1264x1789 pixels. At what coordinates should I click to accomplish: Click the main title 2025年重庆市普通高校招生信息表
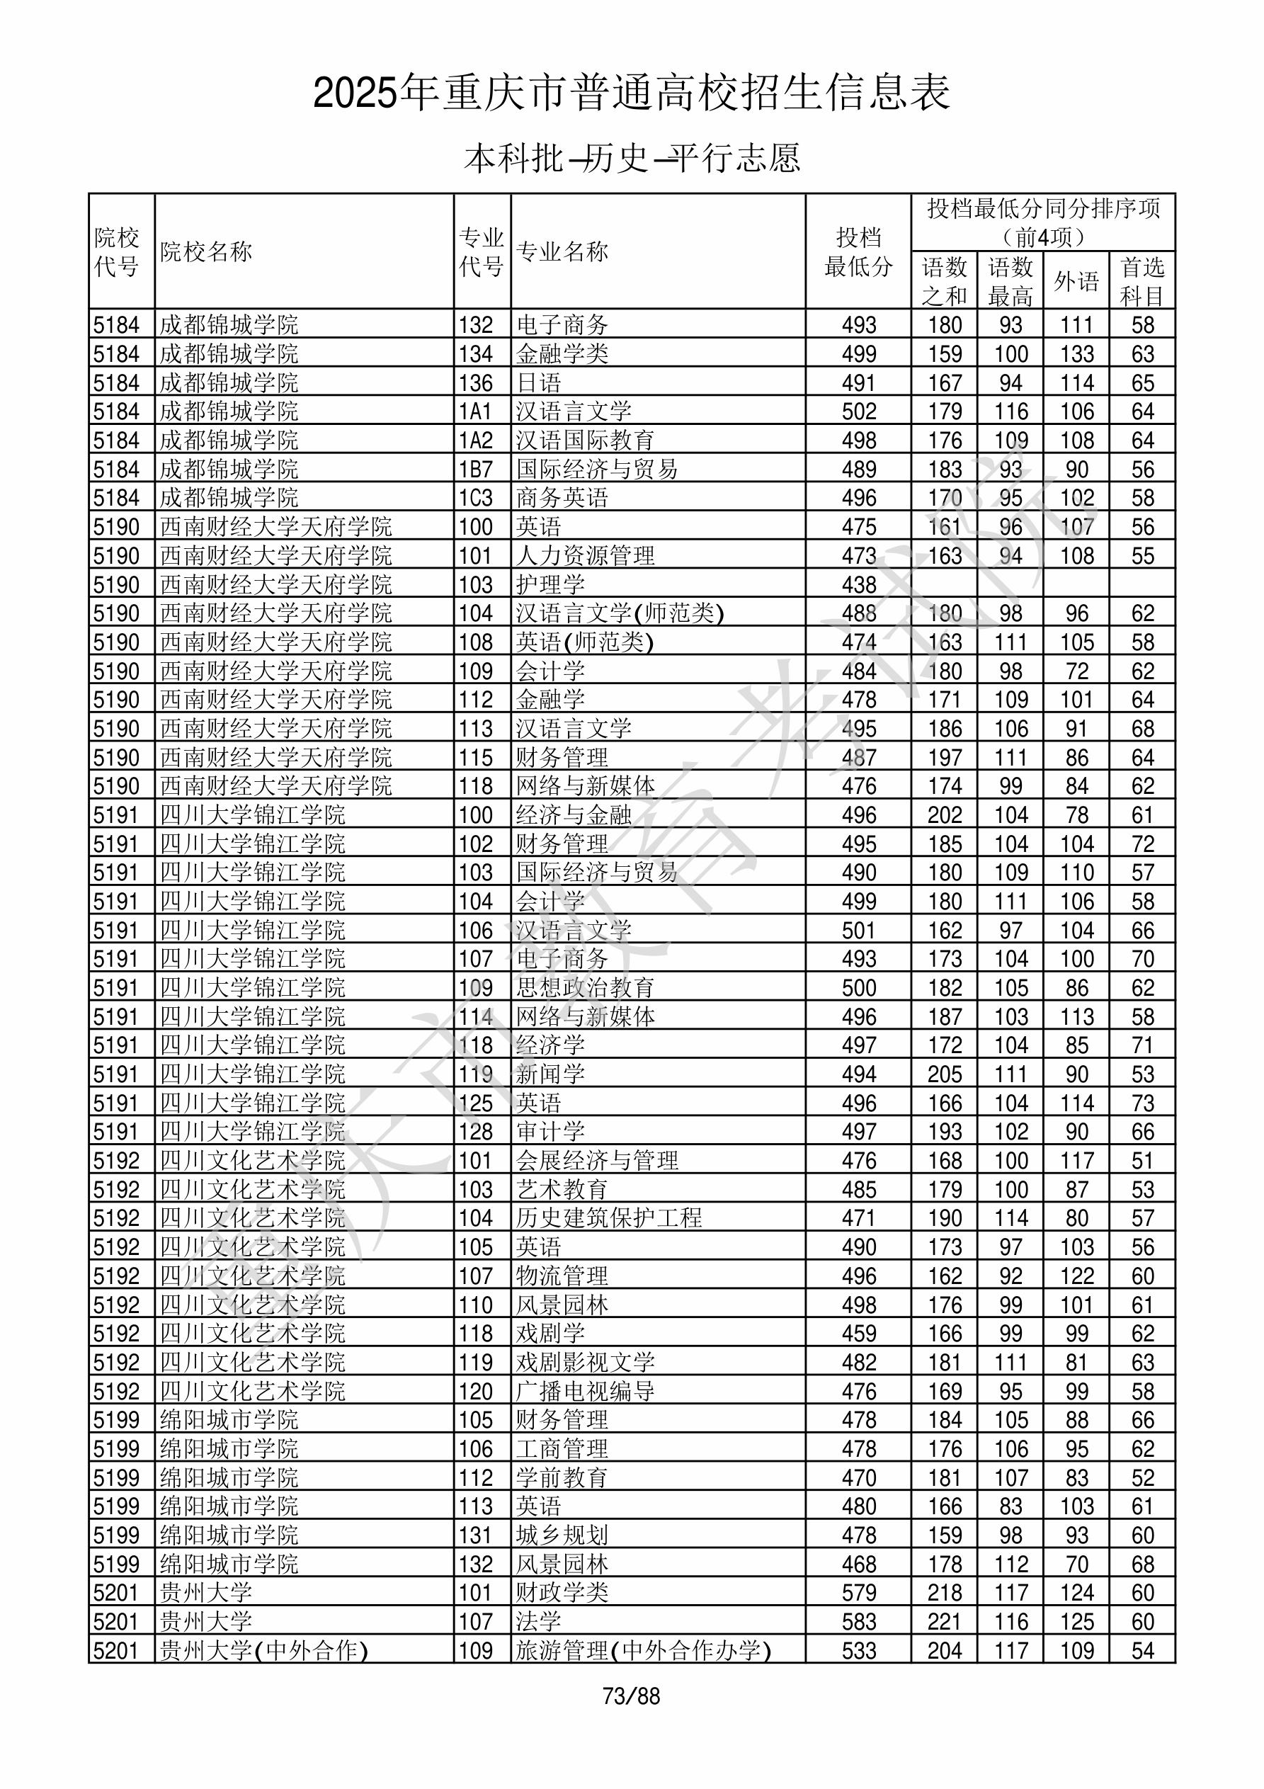[631, 93]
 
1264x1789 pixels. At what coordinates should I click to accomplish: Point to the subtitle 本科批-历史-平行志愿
[631, 158]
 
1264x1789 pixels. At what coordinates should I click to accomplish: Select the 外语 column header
[1076, 280]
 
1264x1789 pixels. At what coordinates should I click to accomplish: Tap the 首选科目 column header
[1141, 280]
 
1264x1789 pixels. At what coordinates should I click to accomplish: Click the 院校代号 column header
[117, 251]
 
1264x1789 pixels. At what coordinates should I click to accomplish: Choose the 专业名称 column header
[562, 251]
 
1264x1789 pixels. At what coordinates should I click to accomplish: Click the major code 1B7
[476, 469]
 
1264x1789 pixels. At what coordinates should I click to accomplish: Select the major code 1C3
[476, 498]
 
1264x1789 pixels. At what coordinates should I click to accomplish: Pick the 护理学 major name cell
[550, 584]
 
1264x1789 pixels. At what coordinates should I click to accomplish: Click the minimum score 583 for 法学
[859, 1621]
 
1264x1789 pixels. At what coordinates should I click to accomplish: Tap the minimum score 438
[859, 584]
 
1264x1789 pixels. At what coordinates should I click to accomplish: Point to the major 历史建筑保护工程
[608, 1218]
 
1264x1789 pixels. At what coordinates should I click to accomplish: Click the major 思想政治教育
[585, 988]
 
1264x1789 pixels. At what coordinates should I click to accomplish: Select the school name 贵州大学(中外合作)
[263, 1650]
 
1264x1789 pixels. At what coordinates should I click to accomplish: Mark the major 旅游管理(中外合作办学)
[643, 1650]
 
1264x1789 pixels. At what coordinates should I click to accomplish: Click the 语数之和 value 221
[945, 1621]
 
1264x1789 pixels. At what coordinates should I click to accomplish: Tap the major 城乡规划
[562, 1535]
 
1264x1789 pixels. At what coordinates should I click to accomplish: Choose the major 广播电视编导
[585, 1391]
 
